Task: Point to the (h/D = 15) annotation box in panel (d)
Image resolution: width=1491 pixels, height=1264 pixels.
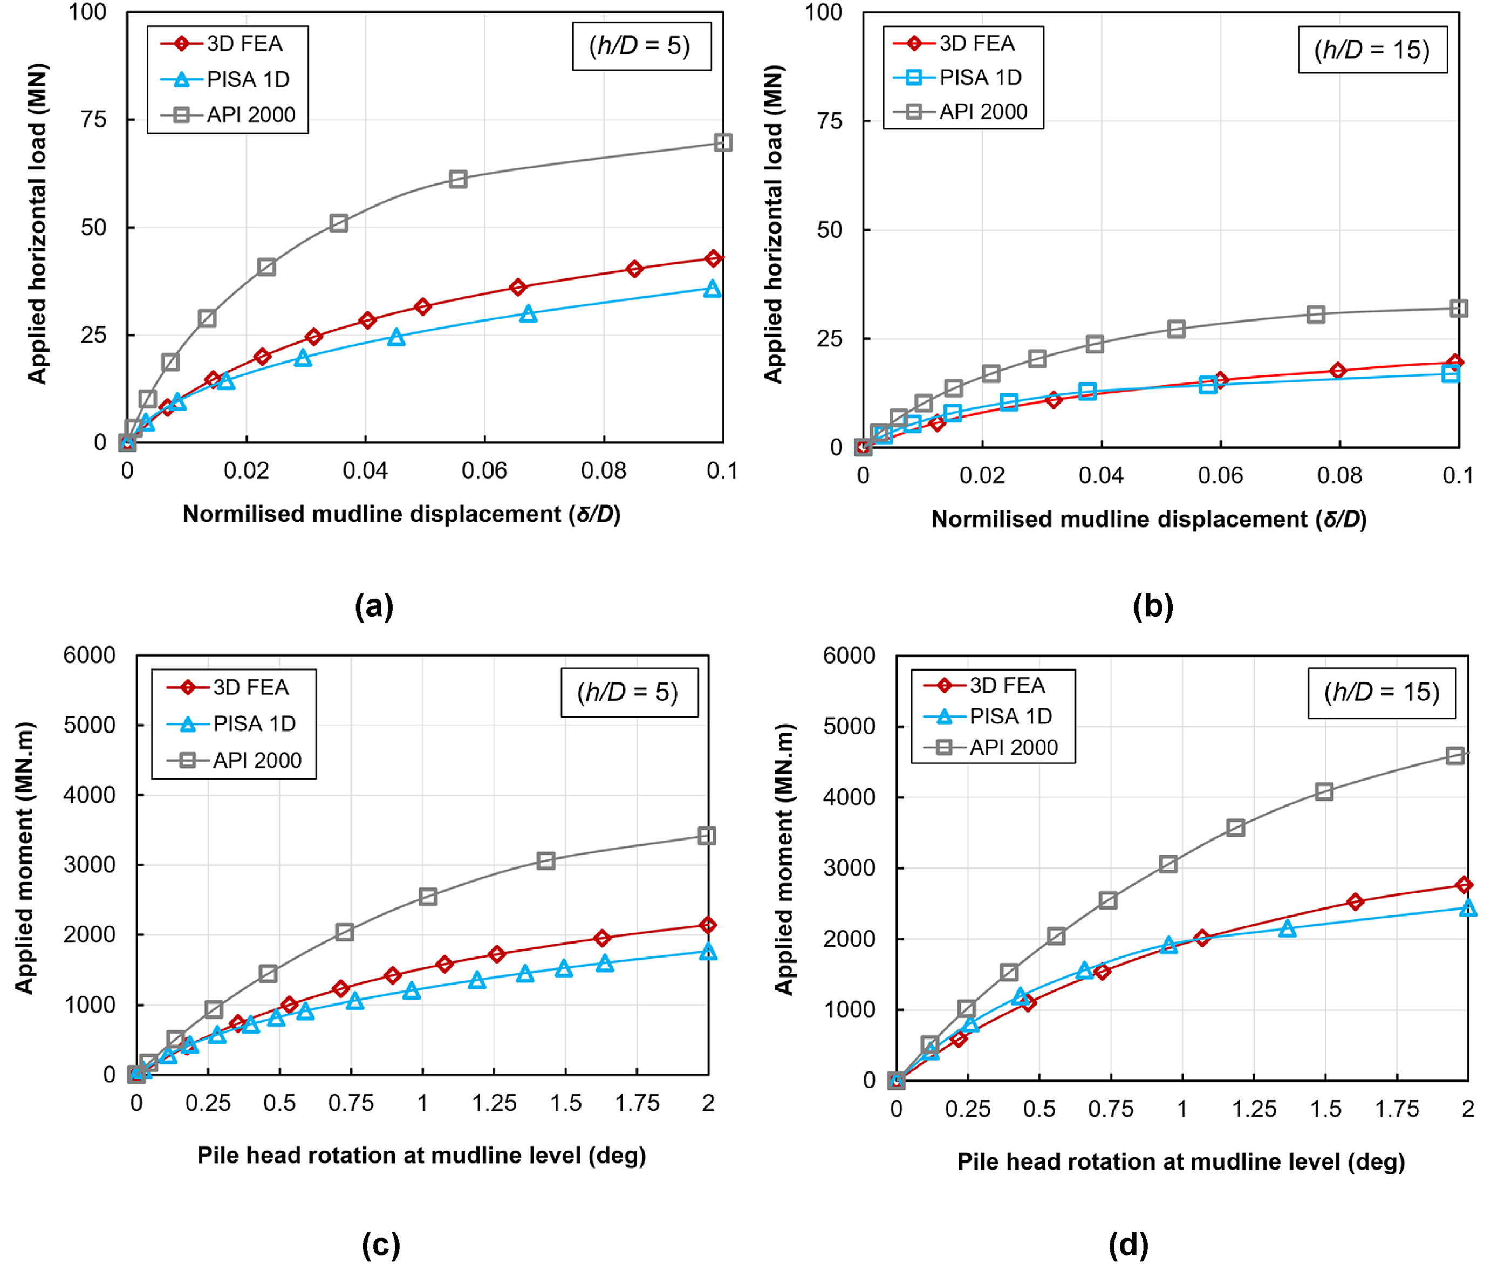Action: [1381, 692]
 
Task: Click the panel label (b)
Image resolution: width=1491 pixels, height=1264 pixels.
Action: [1153, 606]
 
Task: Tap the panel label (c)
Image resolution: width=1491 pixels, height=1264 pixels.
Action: [380, 1245]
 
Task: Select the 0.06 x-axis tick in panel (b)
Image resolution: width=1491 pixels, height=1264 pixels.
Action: [1220, 476]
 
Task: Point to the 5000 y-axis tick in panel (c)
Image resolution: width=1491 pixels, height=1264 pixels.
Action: [89, 725]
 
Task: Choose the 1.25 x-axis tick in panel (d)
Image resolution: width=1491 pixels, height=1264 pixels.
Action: [1254, 1109]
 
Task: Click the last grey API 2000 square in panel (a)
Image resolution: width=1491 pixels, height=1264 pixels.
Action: [723, 142]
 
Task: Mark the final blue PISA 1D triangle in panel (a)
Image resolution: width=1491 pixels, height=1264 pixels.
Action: [712, 289]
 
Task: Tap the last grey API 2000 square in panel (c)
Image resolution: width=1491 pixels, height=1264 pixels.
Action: [707, 836]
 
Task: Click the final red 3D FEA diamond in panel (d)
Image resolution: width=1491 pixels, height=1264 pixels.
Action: [1465, 885]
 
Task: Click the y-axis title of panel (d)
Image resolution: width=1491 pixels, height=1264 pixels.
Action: [784, 859]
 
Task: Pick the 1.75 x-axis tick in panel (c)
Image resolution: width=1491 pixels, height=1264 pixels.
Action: [637, 1103]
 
